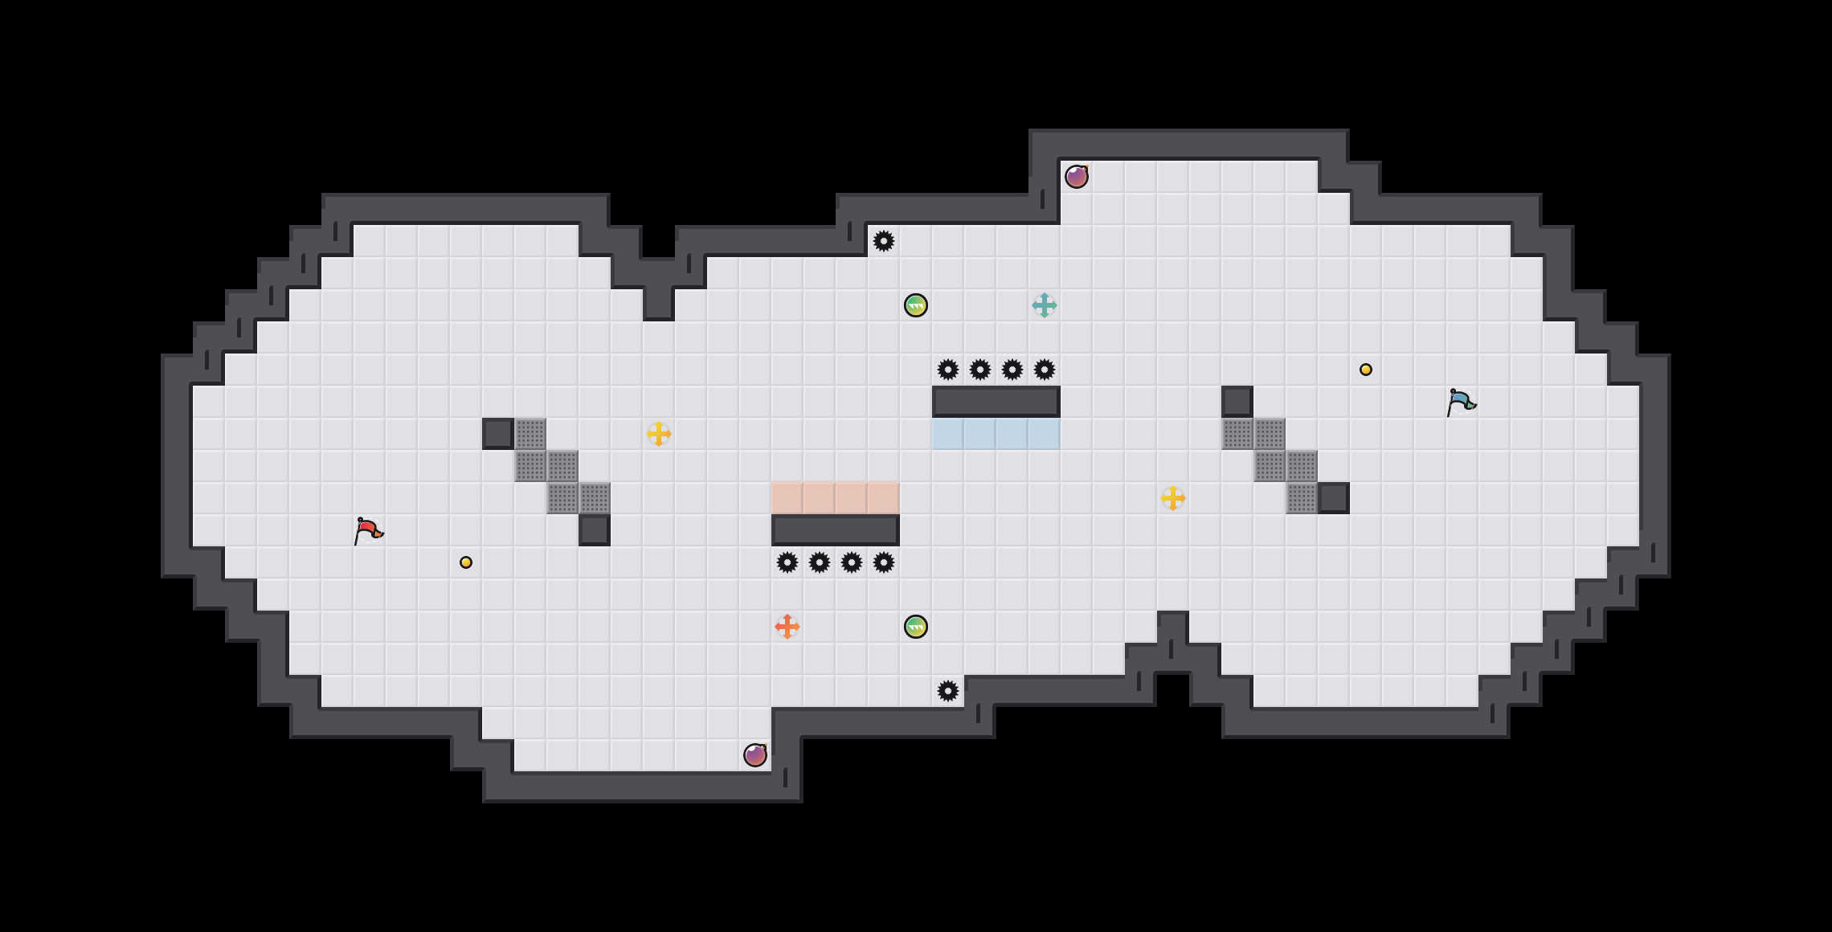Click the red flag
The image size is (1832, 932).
[x=368, y=530]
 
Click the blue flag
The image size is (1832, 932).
[x=1461, y=402]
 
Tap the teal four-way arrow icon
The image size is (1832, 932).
[x=1044, y=305]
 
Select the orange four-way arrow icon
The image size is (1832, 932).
[x=787, y=627]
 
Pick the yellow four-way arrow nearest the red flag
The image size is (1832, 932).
[x=658, y=434]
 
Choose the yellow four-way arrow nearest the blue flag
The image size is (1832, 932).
[x=1172, y=498]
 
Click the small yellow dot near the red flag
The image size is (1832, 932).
[x=466, y=562]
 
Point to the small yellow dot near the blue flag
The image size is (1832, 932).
[x=1366, y=370]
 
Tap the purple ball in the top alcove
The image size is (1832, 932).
[x=1077, y=177]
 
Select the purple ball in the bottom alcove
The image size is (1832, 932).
[x=755, y=755]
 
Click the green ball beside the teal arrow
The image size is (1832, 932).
[x=916, y=305]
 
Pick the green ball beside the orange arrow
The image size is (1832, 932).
[x=916, y=627]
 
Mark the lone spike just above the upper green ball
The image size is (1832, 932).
[x=884, y=241]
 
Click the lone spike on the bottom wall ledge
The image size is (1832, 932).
[x=948, y=691]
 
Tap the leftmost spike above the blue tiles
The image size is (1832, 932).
[x=948, y=370]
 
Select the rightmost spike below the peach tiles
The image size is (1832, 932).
[x=884, y=562]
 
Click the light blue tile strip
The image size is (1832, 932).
[x=996, y=434]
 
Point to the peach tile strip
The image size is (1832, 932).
[x=836, y=498]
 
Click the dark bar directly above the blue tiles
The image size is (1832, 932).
[x=996, y=402]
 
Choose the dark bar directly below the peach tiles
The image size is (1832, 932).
[x=836, y=530]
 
